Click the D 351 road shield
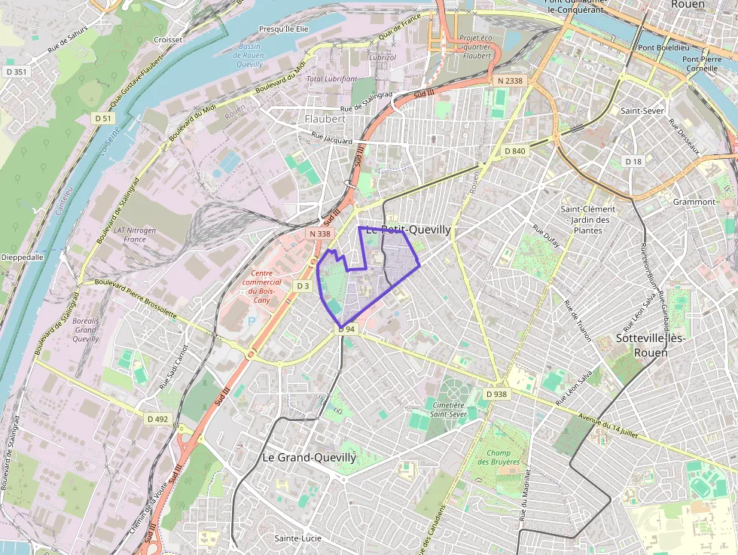[x=15, y=72]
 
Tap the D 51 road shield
[x=103, y=118]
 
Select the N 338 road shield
[x=319, y=234]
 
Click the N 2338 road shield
[x=510, y=80]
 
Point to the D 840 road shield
[x=514, y=151]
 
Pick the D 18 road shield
[x=633, y=162]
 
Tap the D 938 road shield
[x=496, y=394]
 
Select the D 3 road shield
[x=303, y=286]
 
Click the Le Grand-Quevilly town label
[x=309, y=457]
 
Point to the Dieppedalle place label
[x=23, y=256]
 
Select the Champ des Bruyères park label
[x=499, y=456]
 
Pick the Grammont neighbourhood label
[x=694, y=202]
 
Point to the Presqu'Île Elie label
[x=284, y=29]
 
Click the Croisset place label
[x=167, y=39]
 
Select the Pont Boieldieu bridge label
[x=657, y=47]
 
